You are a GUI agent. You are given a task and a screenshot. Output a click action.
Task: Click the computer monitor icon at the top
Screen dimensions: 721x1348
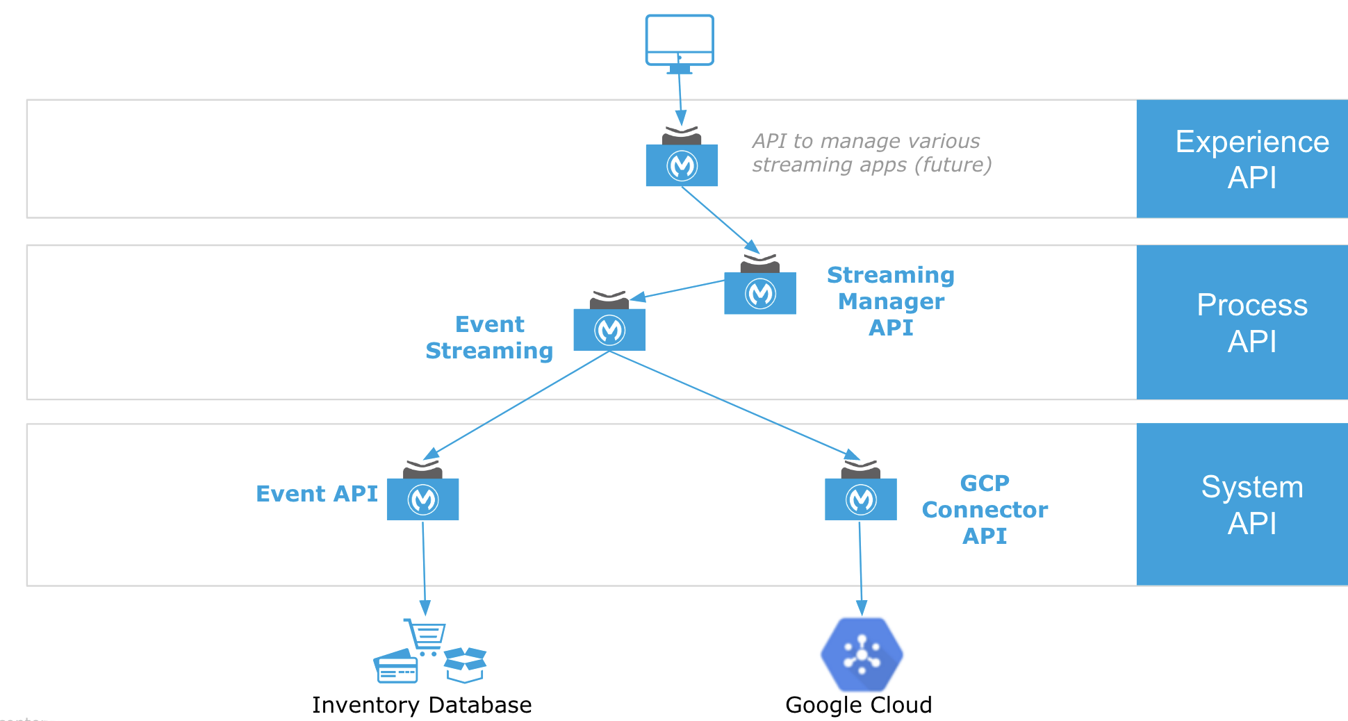point(679,42)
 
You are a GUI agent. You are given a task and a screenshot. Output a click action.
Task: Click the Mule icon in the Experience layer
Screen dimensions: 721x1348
point(682,165)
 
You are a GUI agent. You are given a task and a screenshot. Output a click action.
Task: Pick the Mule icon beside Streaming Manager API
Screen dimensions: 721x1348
point(760,292)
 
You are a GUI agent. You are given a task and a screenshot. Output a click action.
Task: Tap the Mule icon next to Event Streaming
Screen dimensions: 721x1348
point(609,329)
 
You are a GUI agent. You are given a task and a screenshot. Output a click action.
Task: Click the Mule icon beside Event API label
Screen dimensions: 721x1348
point(422,499)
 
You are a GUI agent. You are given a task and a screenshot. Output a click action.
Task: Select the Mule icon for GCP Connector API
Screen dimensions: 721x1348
point(861,499)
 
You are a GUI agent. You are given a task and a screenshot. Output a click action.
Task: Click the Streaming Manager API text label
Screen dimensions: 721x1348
point(891,301)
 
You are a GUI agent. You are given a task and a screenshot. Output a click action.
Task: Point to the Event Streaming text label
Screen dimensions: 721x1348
point(489,338)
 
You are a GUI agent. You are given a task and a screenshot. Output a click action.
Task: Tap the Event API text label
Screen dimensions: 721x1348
point(317,493)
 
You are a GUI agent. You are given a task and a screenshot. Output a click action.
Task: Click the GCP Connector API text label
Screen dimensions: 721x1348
point(985,509)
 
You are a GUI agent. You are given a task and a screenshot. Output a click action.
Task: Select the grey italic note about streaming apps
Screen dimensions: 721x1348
point(871,153)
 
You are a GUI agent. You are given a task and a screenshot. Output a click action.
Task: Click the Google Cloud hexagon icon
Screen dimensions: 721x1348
point(862,654)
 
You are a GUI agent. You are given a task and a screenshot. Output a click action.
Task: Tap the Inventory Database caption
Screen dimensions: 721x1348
point(422,705)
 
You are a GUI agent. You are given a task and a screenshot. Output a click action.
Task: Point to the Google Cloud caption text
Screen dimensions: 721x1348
point(858,705)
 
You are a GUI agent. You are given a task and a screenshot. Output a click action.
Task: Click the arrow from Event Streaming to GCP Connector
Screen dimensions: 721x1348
point(730,403)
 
